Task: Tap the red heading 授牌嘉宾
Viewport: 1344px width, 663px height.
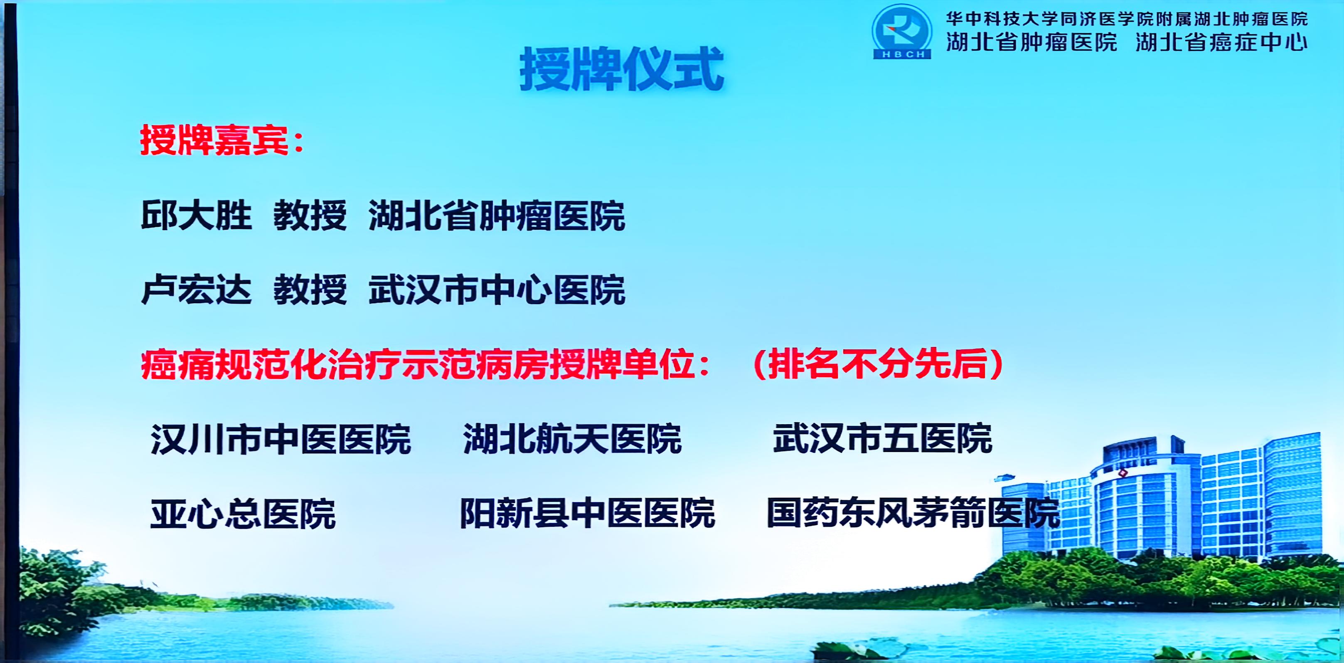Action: tap(214, 140)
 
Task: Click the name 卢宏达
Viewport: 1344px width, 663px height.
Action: tap(196, 290)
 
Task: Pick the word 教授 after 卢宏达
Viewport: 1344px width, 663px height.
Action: tap(310, 290)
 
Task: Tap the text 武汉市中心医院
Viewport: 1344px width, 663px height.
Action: tap(497, 290)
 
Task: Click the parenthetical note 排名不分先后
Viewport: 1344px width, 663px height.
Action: tap(878, 364)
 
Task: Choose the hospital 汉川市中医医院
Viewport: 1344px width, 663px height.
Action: tap(281, 439)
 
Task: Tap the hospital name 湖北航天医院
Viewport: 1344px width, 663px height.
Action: tap(572, 439)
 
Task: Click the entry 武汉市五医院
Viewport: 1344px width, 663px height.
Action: tap(882, 438)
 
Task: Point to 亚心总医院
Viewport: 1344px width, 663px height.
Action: tap(243, 514)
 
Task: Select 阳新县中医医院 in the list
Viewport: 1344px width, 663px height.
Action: tap(587, 513)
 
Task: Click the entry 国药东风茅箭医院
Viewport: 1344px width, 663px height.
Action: tap(913, 513)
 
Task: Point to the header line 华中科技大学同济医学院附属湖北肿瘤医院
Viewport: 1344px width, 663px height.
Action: tap(1127, 19)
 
